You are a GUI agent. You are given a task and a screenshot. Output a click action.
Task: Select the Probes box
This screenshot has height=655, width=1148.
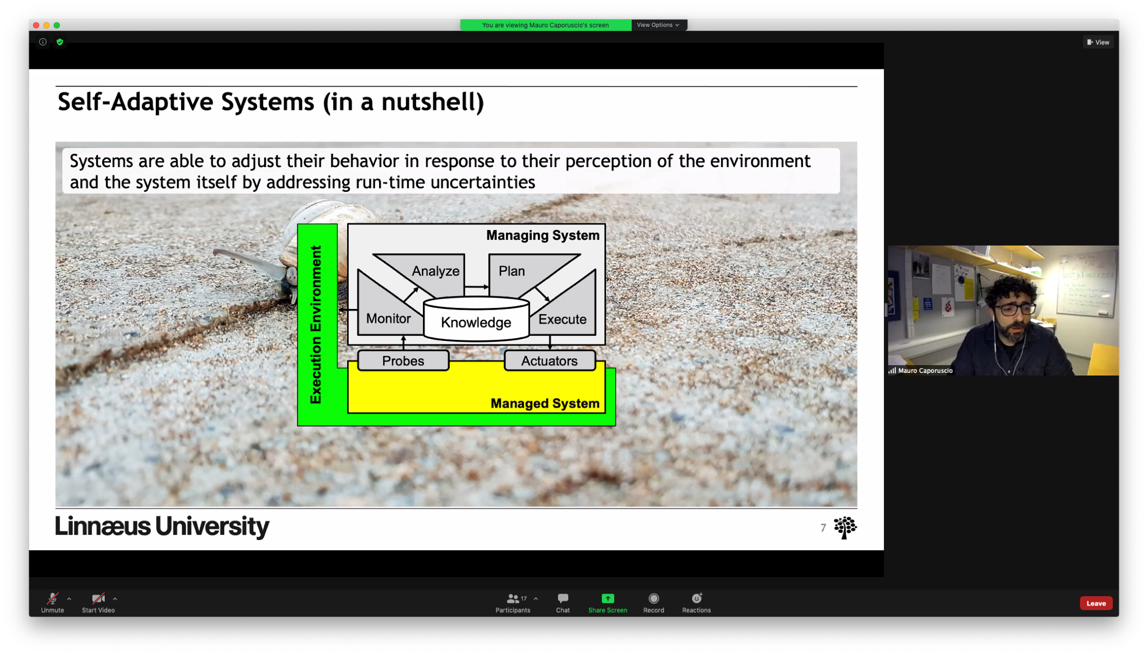coord(403,361)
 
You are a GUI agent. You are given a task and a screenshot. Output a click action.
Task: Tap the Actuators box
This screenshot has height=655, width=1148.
coord(550,361)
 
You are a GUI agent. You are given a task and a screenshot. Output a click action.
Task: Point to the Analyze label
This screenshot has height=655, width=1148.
coord(436,271)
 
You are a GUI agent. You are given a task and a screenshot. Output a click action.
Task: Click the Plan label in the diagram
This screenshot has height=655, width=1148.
coord(512,271)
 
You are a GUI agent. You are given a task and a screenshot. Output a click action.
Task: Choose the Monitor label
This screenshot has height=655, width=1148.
coord(388,319)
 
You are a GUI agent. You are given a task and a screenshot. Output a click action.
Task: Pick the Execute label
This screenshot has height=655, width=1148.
coord(563,319)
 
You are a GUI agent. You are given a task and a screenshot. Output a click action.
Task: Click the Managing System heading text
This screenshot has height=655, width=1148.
coord(543,235)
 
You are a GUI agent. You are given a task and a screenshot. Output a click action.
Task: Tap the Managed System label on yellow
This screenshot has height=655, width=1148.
coord(545,403)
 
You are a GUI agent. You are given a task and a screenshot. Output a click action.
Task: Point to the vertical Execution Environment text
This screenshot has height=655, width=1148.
coord(316,324)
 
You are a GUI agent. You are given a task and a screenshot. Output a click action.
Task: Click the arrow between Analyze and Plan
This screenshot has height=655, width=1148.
coord(477,287)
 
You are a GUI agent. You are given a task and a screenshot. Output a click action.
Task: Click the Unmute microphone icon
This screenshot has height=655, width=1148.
coord(53,598)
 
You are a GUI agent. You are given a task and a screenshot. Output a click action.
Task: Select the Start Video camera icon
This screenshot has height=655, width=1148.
coord(98,598)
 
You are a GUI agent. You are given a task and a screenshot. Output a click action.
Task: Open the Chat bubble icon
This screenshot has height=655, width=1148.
coord(563,598)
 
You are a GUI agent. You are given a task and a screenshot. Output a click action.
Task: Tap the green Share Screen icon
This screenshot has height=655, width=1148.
coord(608,598)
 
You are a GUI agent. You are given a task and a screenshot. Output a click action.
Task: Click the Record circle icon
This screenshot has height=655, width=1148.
coord(654,598)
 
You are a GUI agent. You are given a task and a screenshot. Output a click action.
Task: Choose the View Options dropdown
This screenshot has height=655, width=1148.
coord(658,25)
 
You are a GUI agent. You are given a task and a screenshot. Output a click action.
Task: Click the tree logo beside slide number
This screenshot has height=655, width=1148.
coord(845,528)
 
